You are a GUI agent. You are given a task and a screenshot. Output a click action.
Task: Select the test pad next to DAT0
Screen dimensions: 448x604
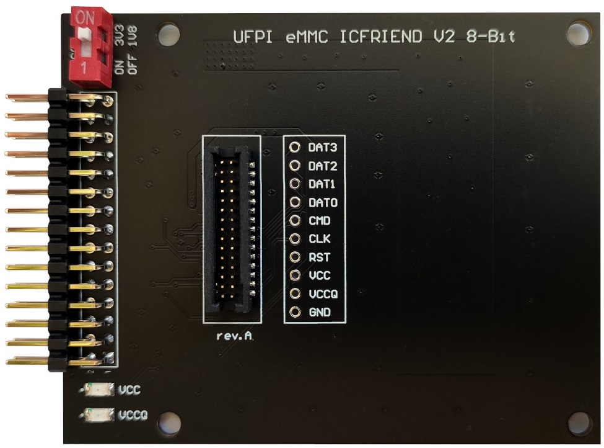tap(295, 202)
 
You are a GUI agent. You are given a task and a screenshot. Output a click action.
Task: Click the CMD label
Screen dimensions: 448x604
tap(319, 221)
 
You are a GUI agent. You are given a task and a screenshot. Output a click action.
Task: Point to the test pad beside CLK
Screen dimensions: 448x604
tap(295, 239)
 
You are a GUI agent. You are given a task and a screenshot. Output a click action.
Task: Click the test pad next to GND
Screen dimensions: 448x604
tap(295, 312)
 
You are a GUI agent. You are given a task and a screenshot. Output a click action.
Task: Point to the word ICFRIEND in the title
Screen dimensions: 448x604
tap(382, 37)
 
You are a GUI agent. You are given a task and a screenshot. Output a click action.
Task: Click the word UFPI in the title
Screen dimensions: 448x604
tap(253, 37)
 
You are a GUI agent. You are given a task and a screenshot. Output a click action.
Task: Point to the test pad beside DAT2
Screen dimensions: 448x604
tap(295, 166)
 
